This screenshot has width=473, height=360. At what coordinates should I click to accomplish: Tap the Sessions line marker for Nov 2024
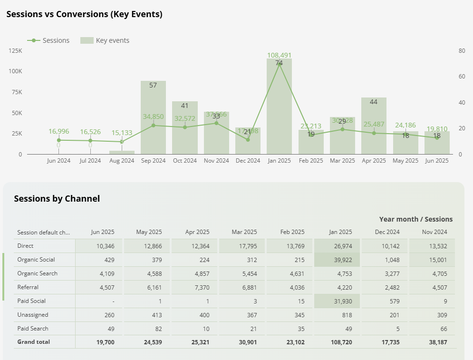click(x=216, y=123)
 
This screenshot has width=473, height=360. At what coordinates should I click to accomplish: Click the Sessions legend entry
click(x=49, y=40)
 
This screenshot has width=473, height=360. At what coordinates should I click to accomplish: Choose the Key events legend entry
click(x=105, y=40)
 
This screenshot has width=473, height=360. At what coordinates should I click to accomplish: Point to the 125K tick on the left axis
click(x=15, y=50)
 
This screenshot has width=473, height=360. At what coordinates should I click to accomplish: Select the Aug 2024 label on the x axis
click(x=122, y=161)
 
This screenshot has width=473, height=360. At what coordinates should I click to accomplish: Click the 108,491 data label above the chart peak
click(x=279, y=55)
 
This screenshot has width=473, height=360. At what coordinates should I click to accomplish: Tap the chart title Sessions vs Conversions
click(x=84, y=14)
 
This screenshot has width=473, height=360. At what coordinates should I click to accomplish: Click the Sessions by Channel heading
click(x=57, y=199)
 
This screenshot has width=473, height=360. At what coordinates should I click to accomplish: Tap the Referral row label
click(x=28, y=287)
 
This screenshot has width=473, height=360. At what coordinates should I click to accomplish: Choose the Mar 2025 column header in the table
click(x=243, y=232)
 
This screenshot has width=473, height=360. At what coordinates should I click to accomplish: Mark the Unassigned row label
click(x=32, y=315)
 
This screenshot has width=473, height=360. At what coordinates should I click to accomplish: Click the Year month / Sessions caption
click(x=415, y=219)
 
